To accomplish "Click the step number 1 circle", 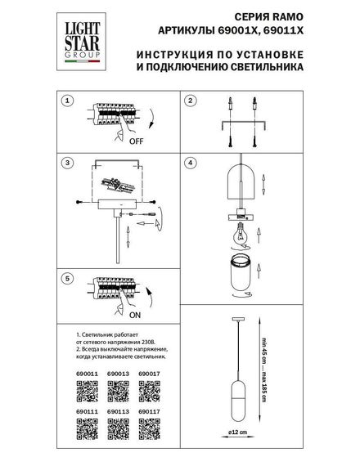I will [x=69, y=101].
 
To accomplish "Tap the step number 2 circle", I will [x=190, y=101].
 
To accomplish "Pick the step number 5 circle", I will [x=69, y=279].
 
